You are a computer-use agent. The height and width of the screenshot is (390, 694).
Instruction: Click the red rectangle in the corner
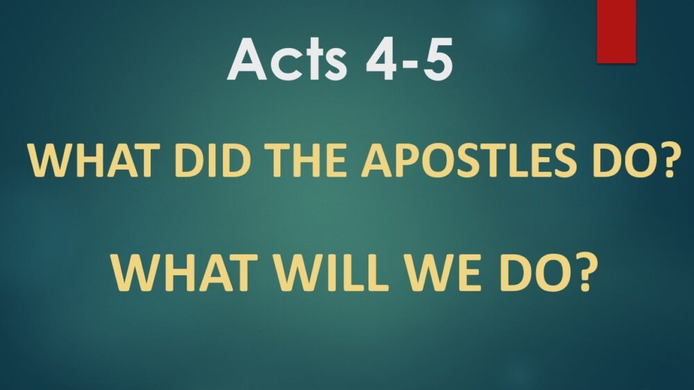616,31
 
